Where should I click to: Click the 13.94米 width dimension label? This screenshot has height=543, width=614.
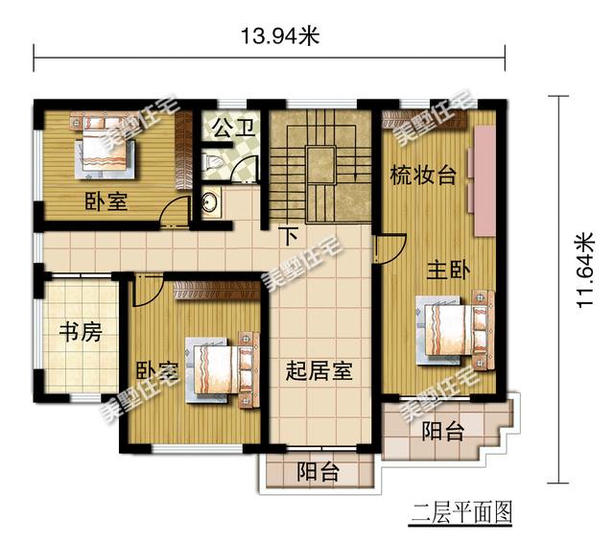279,36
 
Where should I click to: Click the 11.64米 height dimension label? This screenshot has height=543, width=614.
586,270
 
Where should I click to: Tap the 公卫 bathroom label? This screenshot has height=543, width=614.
234,128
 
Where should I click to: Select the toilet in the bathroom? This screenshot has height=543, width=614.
212,163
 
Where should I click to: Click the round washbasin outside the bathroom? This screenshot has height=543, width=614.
211,202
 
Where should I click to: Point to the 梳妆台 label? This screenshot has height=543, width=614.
423,176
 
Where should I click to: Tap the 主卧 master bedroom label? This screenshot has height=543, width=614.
448,270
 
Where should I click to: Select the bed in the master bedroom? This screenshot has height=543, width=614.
455,330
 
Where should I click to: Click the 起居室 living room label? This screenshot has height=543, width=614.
319,370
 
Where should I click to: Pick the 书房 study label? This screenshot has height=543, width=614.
81,332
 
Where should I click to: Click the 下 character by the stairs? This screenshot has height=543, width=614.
290,236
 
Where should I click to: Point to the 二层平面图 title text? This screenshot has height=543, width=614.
460,512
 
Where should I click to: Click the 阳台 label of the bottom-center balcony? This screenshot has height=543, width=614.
318,472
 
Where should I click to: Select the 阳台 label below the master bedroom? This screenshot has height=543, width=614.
442,431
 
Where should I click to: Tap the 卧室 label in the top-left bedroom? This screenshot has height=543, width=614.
106,202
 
